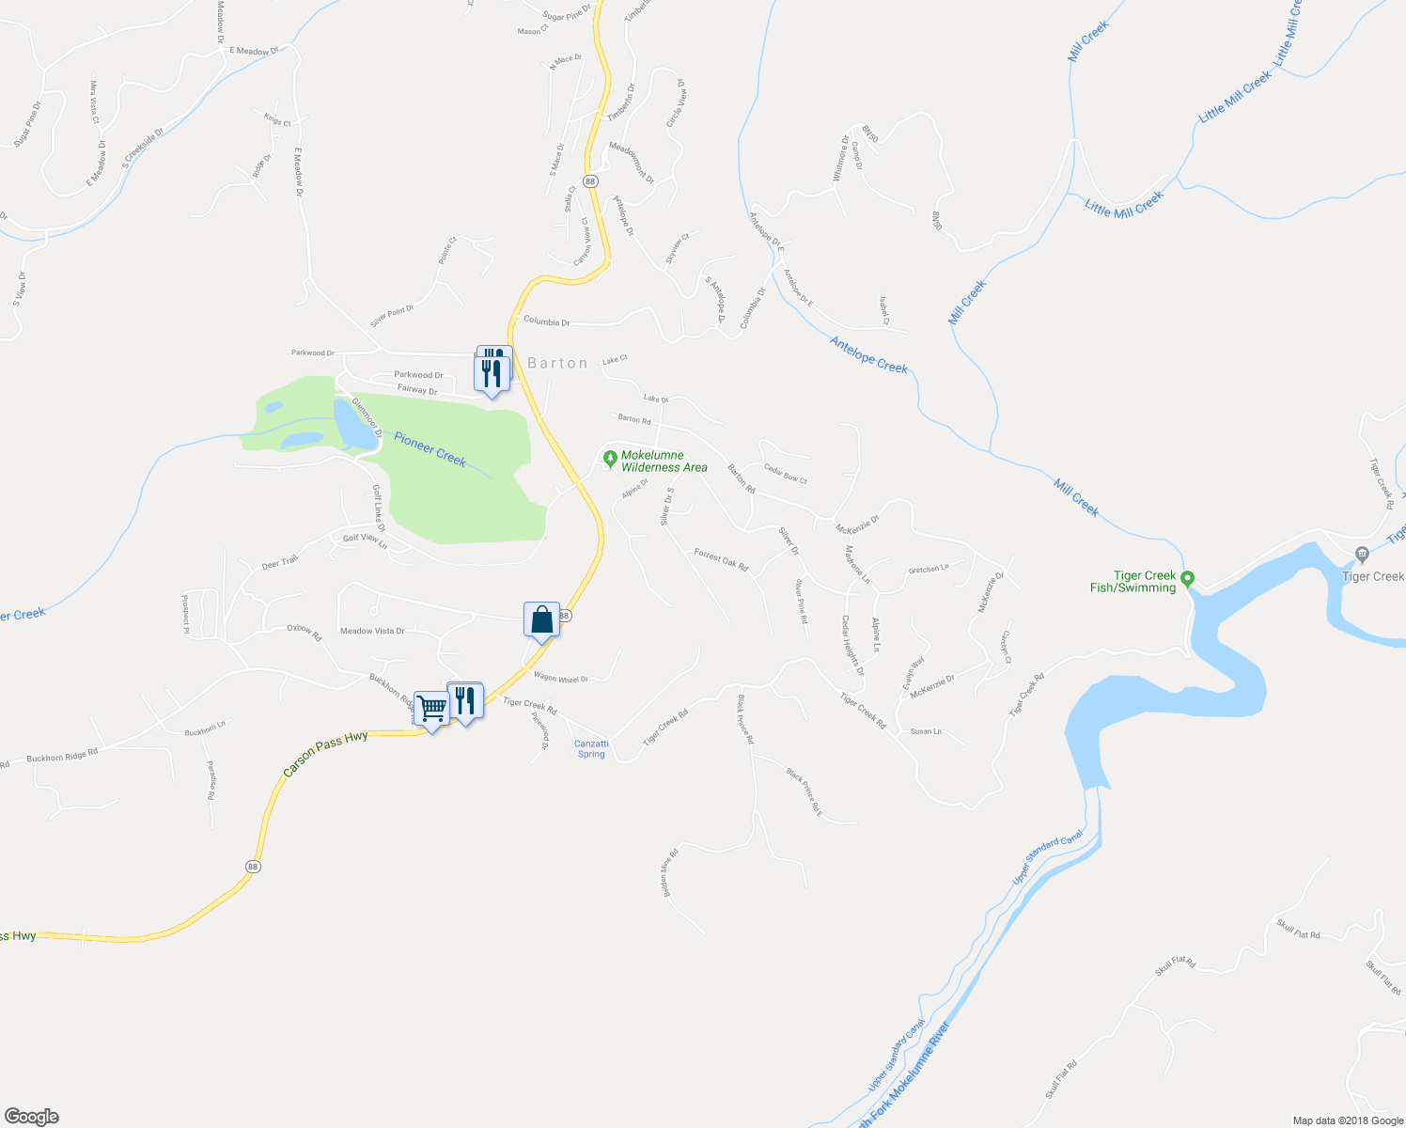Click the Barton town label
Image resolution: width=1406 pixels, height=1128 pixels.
(x=557, y=363)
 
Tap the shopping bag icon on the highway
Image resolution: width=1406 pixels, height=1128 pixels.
(x=541, y=619)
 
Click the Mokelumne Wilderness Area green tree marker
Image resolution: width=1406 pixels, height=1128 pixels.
(x=610, y=459)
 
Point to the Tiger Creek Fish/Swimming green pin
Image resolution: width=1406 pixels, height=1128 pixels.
(x=1187, y=578)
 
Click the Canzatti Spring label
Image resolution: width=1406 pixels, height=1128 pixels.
(x=591, y=748)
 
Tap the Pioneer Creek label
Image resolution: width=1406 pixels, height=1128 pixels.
(x=430, y=448)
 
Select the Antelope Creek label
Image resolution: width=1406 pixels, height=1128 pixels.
(x=868, y=355)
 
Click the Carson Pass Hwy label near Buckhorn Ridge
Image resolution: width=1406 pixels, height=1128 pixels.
(x=325, y=754)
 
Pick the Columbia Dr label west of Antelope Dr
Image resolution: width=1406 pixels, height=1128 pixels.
(x=547, y=321)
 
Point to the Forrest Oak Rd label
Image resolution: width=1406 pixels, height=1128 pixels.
(x=721, y=560)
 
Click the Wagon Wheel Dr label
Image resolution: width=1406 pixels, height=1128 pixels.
(x=560, y=678)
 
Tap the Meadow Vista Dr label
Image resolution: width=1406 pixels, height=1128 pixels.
(x=372, y=631)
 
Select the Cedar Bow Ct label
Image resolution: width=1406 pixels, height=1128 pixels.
(x=785, y=474)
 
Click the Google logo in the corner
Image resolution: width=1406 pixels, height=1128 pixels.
(x=31, y=1117)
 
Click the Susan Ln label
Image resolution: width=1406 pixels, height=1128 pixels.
(x=926, y=731)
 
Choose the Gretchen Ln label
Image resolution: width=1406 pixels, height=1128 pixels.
(x=929, y=569)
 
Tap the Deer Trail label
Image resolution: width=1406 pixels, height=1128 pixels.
(x=279, y=562)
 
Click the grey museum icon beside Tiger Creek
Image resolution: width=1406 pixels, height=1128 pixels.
(x=1362, y=554)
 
